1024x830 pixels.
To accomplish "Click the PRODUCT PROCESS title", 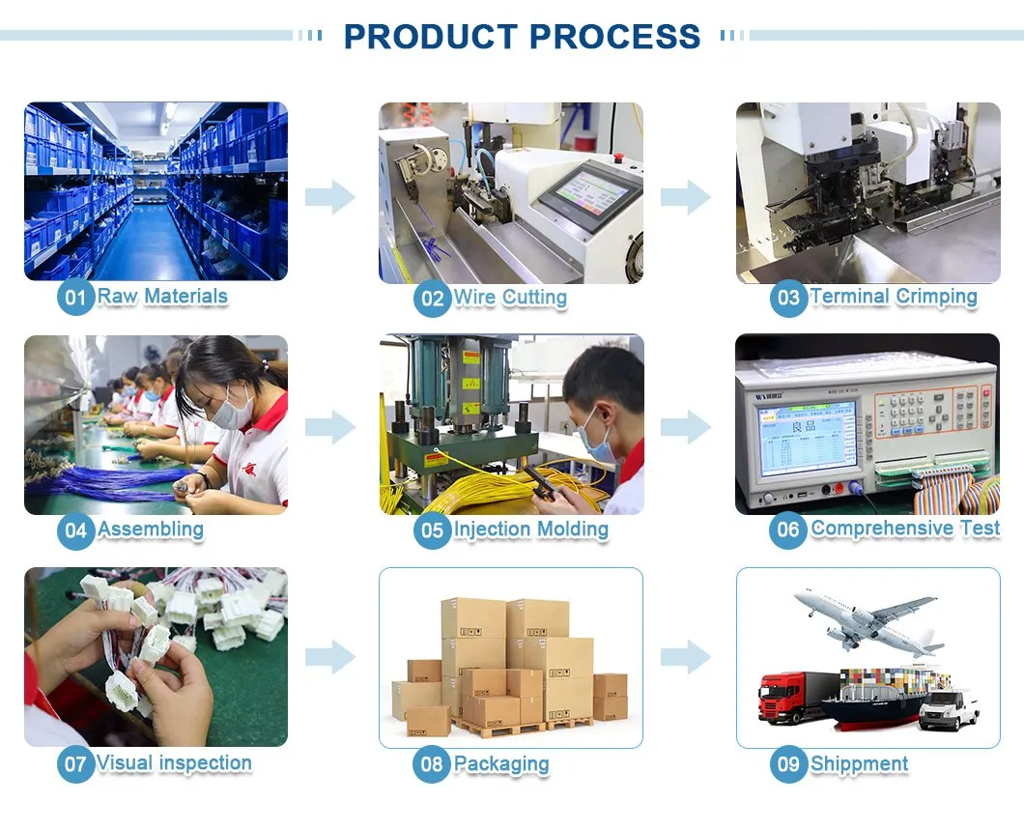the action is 522,37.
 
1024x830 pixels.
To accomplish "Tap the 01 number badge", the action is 75,298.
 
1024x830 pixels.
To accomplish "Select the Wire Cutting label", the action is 510,298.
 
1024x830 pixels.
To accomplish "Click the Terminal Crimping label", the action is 894,297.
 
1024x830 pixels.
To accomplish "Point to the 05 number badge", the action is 433,530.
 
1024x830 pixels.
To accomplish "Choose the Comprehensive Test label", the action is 905,529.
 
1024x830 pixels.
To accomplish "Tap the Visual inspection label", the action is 174,762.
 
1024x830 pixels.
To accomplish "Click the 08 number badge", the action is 432,764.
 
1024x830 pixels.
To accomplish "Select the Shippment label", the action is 860,763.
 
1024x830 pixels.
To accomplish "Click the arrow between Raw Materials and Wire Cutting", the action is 330,196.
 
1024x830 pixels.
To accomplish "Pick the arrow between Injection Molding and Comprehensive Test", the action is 686,427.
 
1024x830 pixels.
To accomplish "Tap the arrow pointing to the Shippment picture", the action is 686,656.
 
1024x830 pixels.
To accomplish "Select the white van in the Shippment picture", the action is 949,710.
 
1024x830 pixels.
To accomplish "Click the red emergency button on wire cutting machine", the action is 617,157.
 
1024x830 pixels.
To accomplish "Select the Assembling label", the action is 150,529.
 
